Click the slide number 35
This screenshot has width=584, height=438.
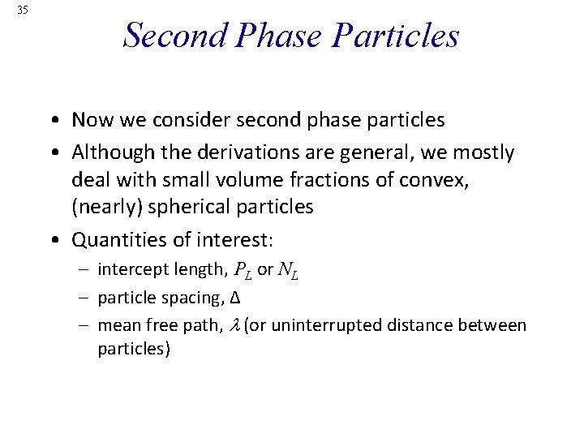coord(22,10)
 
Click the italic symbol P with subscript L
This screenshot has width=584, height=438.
coord(243,270)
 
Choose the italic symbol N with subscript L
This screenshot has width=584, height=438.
coord(288,270)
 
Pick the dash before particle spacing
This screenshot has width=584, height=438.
coord(87,298)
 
